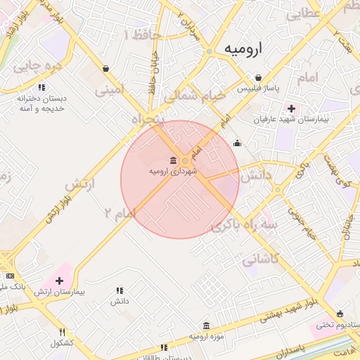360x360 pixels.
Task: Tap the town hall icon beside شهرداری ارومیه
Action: click(x=174, y=160)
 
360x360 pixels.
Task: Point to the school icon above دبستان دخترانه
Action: click(x=41, y=88)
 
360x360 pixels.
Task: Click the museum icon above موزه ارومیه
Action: click(x=206, y=326)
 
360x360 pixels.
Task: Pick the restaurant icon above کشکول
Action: click(x=62, y=332)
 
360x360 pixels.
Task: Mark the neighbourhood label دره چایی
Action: click(x=38, y=67)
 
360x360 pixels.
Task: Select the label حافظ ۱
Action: click(x=141, y=34)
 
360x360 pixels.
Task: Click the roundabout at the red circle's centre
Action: click(x=185, y=162)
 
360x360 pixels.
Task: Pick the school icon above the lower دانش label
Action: click(x=119, y=290)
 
